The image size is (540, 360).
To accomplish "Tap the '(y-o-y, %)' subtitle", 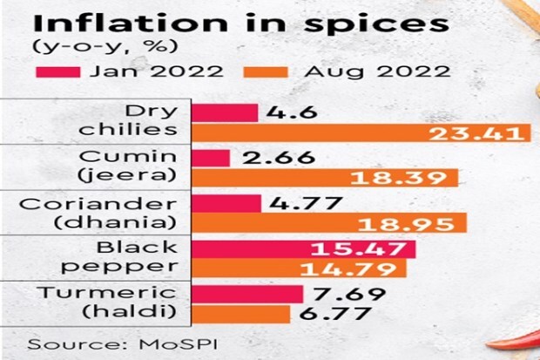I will tap(81, 49).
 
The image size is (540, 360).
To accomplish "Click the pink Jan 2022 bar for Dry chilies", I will tap(224, 112).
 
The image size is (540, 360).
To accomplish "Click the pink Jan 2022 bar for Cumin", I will tap(210, 158).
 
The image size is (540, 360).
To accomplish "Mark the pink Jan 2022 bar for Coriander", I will tap(225, 203).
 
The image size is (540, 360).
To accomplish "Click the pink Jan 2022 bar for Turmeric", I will tap(246, 293).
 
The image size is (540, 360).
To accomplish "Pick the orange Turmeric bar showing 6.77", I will tap(240, 314).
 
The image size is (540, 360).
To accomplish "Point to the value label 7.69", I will tap(339, 293).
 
